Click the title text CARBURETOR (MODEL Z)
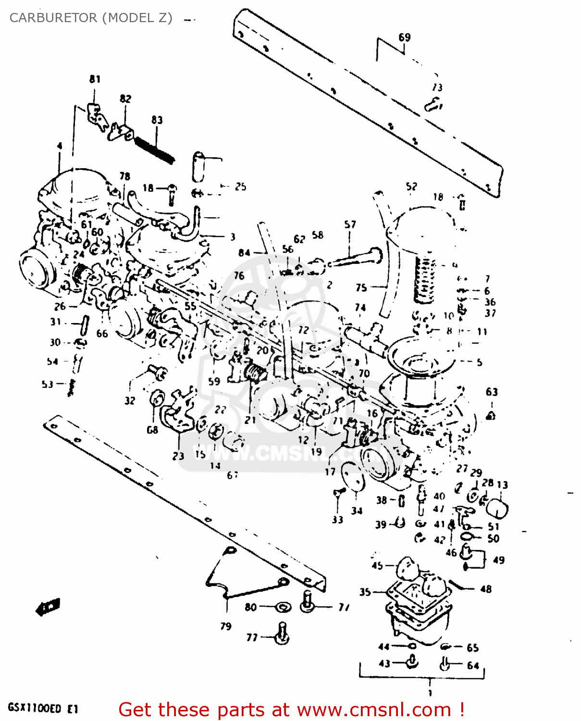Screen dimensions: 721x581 91,18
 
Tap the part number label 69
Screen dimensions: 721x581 405,37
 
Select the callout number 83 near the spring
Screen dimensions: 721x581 157,120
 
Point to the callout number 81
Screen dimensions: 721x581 95,79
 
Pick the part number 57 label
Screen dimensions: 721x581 350,224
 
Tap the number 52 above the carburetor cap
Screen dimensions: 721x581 411,186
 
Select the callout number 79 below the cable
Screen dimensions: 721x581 226,626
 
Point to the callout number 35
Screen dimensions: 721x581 365,592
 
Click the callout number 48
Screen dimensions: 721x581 486,589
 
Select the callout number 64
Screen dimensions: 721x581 473,665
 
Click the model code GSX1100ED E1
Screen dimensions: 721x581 43,708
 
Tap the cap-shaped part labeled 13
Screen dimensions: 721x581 498,508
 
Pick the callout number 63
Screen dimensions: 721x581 492,392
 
